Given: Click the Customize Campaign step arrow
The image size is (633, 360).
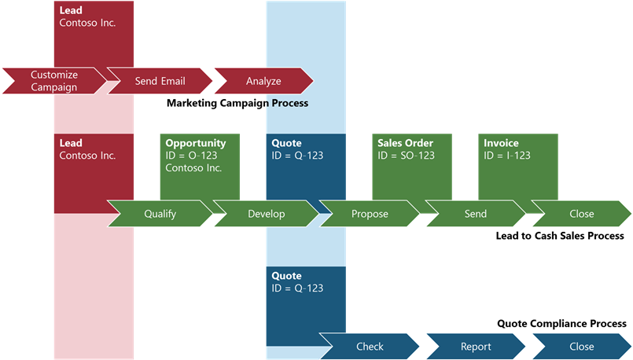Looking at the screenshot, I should click(53, 81).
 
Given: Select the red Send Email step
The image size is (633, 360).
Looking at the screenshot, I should click(160, 81).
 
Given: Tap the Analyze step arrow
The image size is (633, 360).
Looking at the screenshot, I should click(263, 81).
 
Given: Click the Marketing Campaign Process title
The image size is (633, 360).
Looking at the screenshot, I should click(237, 103).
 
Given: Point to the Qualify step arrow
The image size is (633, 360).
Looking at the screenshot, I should click(160, 213).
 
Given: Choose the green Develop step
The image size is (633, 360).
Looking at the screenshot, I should click(267, 213).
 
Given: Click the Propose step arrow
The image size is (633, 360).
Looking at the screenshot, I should click(370, 213).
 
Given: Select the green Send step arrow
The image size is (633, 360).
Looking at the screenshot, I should click(476, 213).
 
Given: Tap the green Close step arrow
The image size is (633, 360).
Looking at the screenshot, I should click(582, 213).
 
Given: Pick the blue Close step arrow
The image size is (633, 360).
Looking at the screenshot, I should click(582, 347).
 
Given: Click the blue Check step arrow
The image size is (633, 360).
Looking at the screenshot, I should click(370, 347).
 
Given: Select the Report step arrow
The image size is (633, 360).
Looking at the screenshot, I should click(476, 347).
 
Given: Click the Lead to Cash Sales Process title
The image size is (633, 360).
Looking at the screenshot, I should click(560, 236).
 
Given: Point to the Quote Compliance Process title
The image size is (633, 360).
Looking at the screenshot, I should click(561, 323).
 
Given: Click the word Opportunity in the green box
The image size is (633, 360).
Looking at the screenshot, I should click(196, 143).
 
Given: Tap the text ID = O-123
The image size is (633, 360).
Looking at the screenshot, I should click(191, 156).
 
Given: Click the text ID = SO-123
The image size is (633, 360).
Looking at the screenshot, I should click(406, 156).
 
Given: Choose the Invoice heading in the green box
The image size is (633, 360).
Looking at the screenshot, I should click(501, 143).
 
